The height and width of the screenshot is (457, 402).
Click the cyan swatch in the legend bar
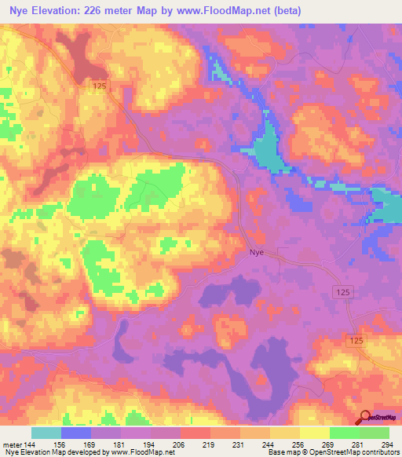(46, 433)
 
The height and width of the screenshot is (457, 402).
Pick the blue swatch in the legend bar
(76, 433)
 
